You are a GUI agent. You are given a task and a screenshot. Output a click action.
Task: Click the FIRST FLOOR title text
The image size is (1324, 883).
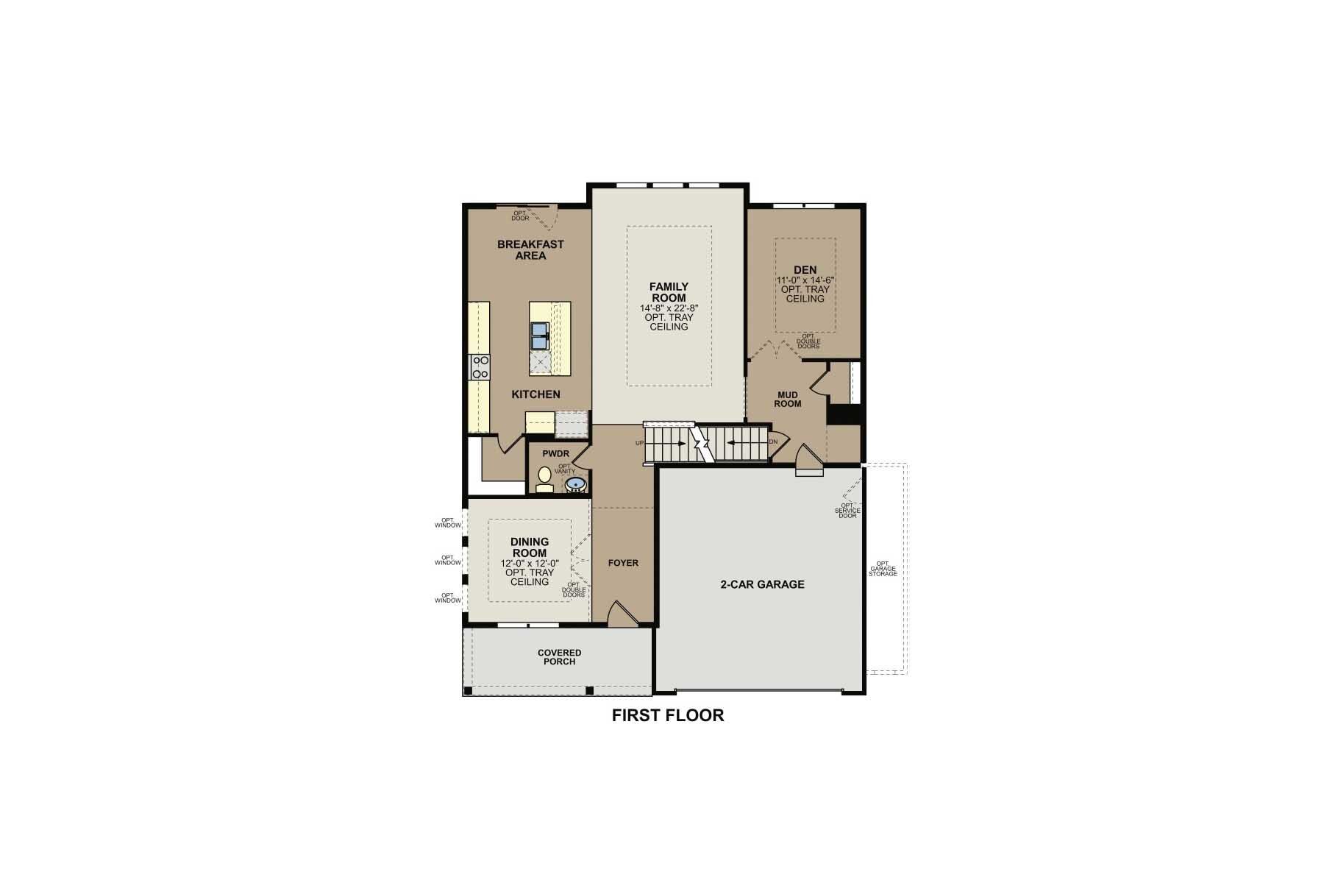point(668,715)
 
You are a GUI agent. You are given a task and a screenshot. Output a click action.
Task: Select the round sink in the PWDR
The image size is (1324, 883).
point(575,484)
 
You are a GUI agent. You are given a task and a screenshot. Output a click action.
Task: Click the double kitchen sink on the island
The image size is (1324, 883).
point(540,336)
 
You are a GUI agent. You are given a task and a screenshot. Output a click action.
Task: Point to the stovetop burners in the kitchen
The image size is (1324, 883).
point(480,366)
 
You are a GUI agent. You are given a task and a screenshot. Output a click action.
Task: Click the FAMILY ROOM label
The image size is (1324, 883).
point(669,292)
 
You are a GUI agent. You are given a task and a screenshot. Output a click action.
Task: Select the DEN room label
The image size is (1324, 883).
point(805,270)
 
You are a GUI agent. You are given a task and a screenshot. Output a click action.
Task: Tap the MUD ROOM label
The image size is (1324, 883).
point(787,400)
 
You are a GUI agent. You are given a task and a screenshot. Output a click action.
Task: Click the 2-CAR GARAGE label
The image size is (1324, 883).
point(762,584)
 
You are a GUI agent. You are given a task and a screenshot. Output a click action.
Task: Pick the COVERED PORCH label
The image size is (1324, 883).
point(559,657)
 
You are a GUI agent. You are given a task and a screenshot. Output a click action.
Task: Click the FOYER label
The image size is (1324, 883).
point(623,563)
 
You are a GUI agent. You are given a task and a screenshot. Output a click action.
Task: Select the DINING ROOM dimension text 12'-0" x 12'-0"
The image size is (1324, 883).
point(530,563)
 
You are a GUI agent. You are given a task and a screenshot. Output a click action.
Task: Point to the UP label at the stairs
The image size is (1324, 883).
point(639,443)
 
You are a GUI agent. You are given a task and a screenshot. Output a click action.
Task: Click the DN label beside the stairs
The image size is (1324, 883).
point(773,442)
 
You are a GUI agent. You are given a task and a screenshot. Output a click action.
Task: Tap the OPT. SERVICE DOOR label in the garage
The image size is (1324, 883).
point(847,511)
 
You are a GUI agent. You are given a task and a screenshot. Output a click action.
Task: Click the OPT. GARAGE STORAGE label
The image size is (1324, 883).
point(883,569)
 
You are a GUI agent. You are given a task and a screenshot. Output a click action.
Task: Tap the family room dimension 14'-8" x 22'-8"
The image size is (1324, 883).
point(669,308)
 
